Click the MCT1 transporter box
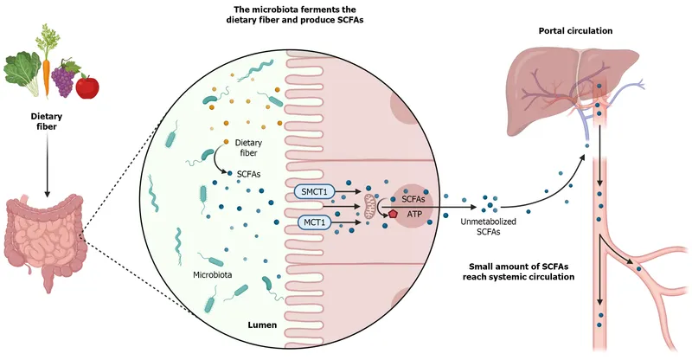[x=313, y=222]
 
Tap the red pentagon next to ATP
[x=394, y=213]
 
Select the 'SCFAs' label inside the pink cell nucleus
[x=413, y=197]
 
